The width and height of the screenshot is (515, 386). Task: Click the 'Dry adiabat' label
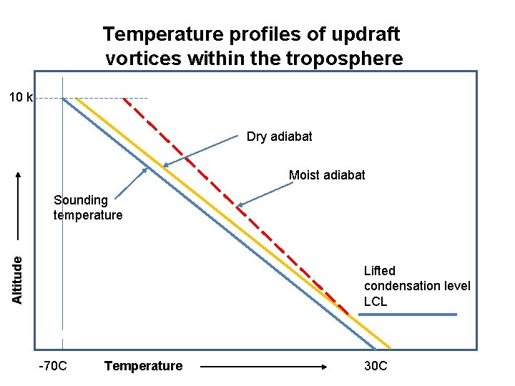pos(279,136)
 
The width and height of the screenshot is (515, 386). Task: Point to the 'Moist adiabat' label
pos(327,175)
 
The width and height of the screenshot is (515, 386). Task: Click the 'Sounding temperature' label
pos(88,208)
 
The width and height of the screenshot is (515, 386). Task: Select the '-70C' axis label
pos(53,366)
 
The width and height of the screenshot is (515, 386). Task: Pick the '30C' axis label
pos(376,366)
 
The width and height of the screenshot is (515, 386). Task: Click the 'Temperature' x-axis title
pos(143,366)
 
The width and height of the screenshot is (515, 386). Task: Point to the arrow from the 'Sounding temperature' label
pos(132,182)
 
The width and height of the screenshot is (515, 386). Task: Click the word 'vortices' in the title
pos(143,59)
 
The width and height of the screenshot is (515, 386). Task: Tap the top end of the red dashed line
pos(124,98)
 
